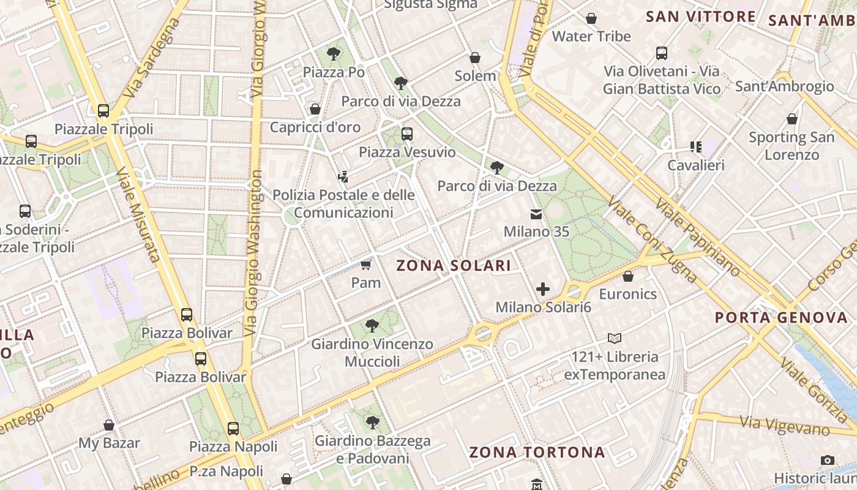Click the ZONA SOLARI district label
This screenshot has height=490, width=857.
click(454, 265)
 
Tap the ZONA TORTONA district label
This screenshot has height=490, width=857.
click(537, 453)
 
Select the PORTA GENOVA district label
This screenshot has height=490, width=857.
click(781, 318)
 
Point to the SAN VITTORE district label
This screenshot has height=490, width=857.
click(701, 17)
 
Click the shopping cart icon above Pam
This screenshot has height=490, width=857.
click(366, 265)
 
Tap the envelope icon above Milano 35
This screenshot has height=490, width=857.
click(536, 214)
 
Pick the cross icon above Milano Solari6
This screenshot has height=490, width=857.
click(543, 289)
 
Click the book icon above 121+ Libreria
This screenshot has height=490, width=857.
click(615, 338)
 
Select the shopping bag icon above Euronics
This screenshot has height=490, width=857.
click(627, 276)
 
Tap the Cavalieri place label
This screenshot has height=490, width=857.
click(696, 165)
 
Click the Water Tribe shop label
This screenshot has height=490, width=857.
click(591, 37)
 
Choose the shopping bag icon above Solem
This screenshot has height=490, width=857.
click(475, 58)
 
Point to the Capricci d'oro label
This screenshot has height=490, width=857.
click(315, 127)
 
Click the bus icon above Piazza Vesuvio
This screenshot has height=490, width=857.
click(407, 134)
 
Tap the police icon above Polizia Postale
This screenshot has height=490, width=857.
click(343, 177)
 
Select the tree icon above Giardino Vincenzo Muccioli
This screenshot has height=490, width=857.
click(372, 326)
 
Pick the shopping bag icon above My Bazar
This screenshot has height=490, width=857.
click(109, 425)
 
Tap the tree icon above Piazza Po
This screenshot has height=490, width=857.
click(334, 54)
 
